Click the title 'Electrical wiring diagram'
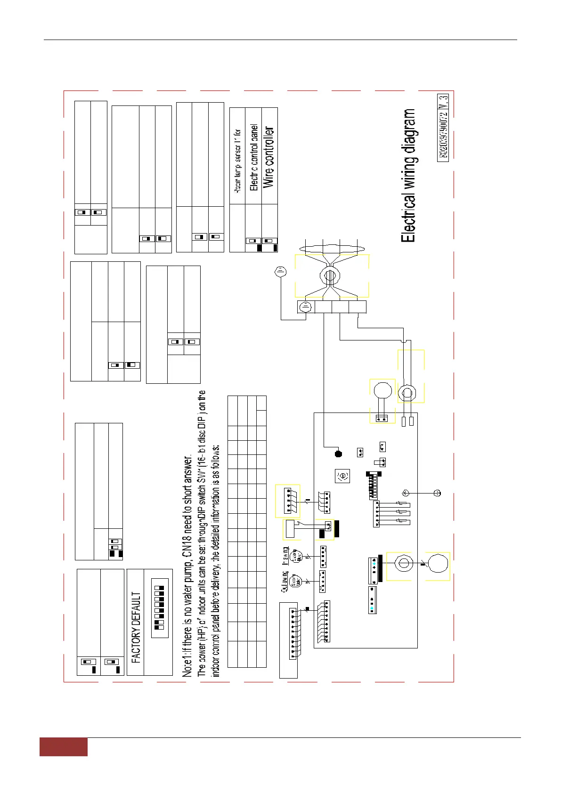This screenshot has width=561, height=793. click(x=408, y=176)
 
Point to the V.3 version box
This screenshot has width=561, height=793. click(x=443, y=103)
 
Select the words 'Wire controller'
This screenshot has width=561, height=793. click(x=268, y=157)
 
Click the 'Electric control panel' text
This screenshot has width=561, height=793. click(x=253, y=157)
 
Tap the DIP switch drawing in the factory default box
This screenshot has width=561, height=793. click(x=159, y=607)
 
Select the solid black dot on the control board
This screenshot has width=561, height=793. click(x=338, y=453)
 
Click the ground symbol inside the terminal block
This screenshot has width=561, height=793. click(x=306, y=307)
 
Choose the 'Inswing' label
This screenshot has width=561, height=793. click(x=285, y=556)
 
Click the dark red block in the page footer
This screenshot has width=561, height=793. click(x=63, y=747)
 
